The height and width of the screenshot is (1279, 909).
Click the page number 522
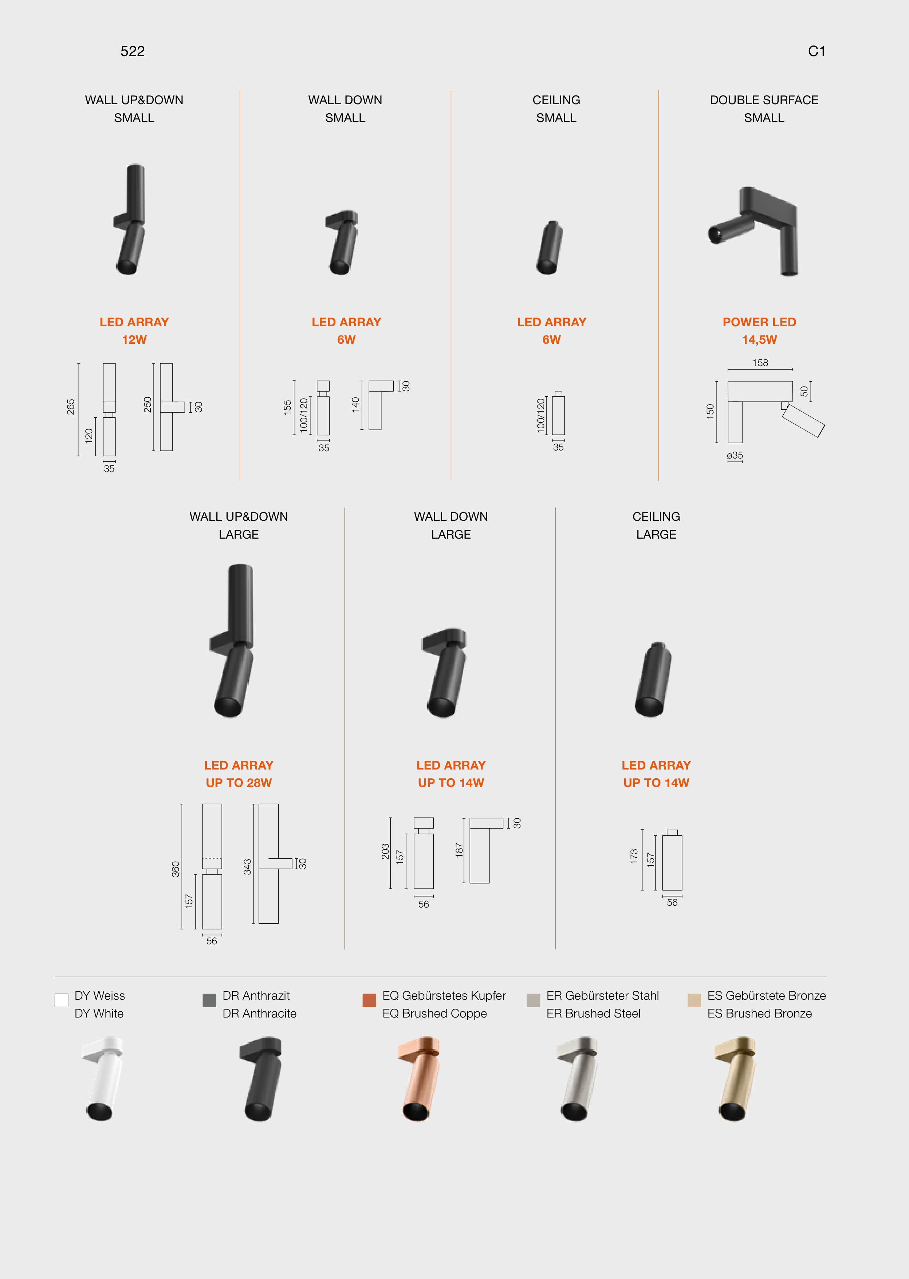[x=133, y=51]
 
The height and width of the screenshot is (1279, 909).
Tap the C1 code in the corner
[x=816, y=51]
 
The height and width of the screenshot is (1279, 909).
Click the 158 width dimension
[x=760, y=363]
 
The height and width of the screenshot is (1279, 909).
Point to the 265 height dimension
[x=71, y=407]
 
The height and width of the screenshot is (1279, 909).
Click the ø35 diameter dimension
[x=735, y=456]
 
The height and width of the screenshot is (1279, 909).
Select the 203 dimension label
[x=385, y=851]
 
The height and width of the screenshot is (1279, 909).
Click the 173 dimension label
[x=634, y=857]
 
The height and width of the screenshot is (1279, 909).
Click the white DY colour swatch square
[x=62, y=1000]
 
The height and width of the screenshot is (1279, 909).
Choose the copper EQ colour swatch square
[x=369, y=1000]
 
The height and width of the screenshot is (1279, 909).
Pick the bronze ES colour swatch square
[x=694, y=1000]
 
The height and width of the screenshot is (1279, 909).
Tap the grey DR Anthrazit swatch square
[x=209, y=1000]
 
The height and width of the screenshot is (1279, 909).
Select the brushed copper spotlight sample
[x=419, y=1079]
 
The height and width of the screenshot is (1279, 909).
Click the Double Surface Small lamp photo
[x=753, y=231]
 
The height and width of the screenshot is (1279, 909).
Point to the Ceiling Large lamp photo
[x=653, y=680]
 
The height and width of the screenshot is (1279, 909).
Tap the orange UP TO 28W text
[x=239, y=783]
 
